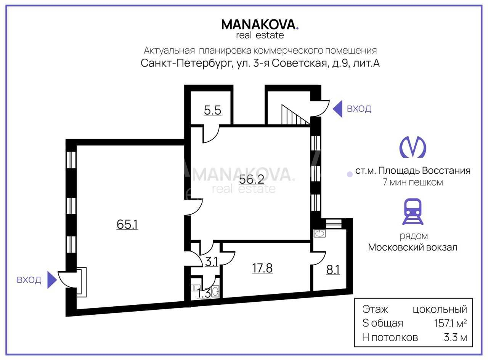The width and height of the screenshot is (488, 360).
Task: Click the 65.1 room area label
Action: (127, 224)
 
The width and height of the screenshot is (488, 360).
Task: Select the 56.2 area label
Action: (251, 179)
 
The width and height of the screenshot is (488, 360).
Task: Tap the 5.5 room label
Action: (212, 110)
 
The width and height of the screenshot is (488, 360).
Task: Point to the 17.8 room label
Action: (262, 268)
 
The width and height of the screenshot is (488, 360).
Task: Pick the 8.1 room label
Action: (333, 270)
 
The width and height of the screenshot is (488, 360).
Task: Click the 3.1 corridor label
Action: (211, 262)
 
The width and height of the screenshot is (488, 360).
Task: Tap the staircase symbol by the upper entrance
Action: (295, 114)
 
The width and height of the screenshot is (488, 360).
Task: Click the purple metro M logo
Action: (413, 147)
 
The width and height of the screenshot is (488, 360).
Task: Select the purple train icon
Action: (413, 211)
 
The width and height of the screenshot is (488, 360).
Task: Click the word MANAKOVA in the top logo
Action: (258, 24)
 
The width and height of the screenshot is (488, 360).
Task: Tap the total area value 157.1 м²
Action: (450, 323)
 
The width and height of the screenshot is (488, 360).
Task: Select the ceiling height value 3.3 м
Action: (455, 338)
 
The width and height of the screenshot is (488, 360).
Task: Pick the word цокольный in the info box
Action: (440, 309)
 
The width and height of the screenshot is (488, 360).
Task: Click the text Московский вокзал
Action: (413, 247)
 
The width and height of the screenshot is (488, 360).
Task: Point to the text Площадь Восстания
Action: (424, 171)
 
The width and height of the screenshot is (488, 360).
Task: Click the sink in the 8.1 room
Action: (319, 234)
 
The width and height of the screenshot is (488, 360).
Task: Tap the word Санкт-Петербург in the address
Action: (186, 63)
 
